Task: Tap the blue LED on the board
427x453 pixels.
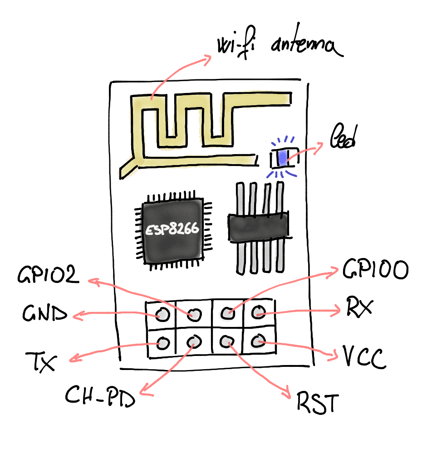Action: coord(282,157)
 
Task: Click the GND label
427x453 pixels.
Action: coord(44,314)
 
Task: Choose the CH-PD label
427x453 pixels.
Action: coord(100,396)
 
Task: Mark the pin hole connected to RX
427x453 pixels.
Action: coord(258,312)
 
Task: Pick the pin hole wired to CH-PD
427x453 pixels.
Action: coord(193,341)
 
